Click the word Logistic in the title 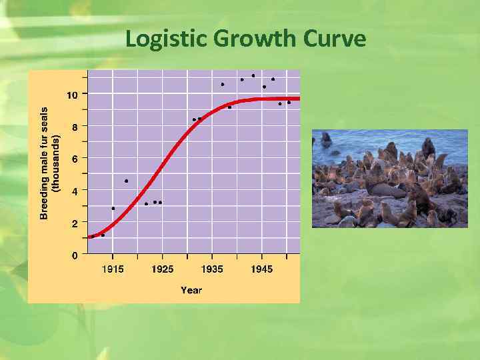[167, 40]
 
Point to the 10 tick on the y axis [72, 95]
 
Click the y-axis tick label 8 [75, 127]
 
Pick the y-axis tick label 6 [75, 159]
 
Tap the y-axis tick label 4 [75, 191]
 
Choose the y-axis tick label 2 [75, 223]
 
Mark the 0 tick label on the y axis [75, 255]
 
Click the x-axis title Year [191, 290]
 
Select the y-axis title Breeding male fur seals [45, 163]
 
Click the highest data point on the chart [253, 75]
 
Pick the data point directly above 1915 [113, 208]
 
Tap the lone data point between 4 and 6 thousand [126, 181]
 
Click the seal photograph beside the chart [390, 179]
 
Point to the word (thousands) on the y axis [57, 163]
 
